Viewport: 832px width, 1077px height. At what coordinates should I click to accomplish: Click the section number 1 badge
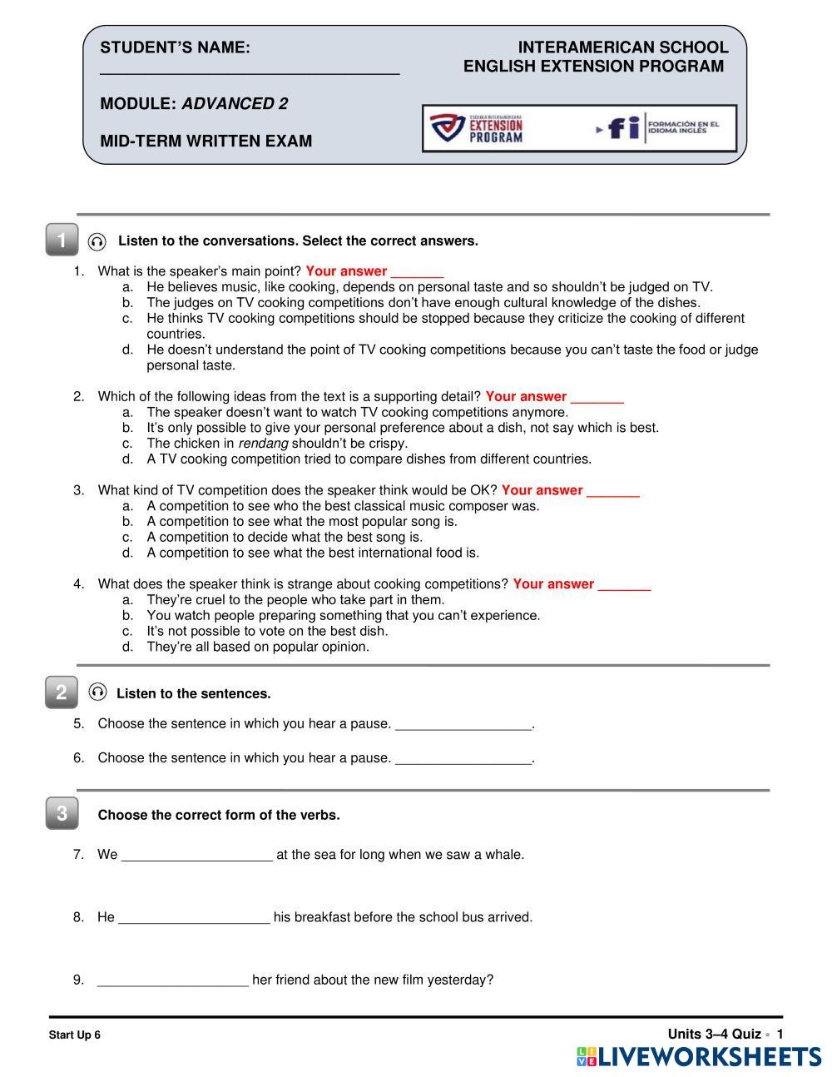pos(62,241)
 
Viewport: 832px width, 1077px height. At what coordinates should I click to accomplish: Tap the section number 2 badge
pos(62,692)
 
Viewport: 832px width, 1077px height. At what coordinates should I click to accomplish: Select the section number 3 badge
pos(62,813)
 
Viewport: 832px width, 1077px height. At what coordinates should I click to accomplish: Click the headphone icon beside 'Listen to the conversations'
pos(97,241)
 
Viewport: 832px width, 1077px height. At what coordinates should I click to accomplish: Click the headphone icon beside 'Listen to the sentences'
pos(97,692)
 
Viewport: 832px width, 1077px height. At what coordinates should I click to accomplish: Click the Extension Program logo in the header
pos(477,128)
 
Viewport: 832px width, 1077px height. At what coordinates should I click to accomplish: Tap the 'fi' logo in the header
pos(624,128)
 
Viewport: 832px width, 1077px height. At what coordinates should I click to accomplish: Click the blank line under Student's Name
pos(250,73)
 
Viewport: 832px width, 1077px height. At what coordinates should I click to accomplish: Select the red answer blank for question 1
pos(417,273)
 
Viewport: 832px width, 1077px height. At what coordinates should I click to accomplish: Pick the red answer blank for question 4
pos(624,586)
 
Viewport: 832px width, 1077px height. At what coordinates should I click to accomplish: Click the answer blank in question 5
pos(463,726)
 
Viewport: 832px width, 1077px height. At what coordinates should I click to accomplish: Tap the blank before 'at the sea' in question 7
pos(197,856)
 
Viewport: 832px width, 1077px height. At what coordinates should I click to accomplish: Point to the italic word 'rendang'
pos(263,444)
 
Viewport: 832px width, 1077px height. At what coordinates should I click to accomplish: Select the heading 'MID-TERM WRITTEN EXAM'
pos(206,141)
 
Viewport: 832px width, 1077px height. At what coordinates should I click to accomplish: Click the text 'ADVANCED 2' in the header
pos(235,104)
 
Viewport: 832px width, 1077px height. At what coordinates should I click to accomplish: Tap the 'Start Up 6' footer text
pos(75,1035)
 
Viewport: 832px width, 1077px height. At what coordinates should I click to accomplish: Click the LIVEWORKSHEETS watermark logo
pos(699,1057)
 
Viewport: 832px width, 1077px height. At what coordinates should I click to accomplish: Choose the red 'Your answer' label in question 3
pos(542,490)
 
